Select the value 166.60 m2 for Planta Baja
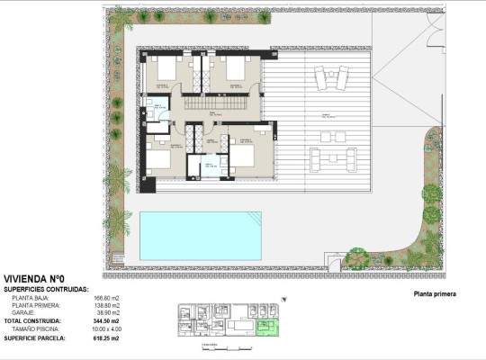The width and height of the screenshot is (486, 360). point(107,298)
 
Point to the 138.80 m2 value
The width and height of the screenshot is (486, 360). point(107,305)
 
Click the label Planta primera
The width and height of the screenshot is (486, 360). point(435,294)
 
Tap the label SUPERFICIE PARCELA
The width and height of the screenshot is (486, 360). point(34,337)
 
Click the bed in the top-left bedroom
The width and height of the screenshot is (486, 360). point(166,69)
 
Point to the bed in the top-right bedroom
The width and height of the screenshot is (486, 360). point(236,69)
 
